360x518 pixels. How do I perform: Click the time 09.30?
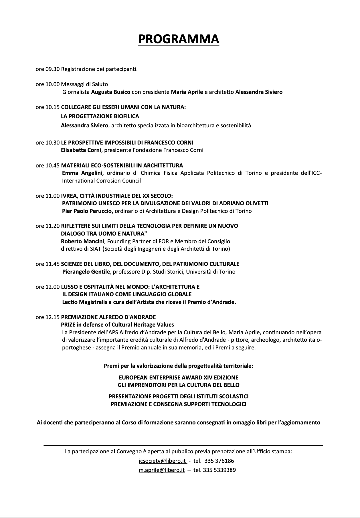coord(52,69)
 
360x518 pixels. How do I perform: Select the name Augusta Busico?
coord(111,92)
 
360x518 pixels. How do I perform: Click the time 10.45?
coord(52,165)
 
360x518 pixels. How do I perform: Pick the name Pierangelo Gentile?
coord(86,272)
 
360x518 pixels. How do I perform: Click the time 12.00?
coord(52,287)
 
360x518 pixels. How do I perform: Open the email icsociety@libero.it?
coord(162,461)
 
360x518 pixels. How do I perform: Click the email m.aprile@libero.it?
coord(162,470)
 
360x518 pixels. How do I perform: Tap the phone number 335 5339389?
coord(219,470)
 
